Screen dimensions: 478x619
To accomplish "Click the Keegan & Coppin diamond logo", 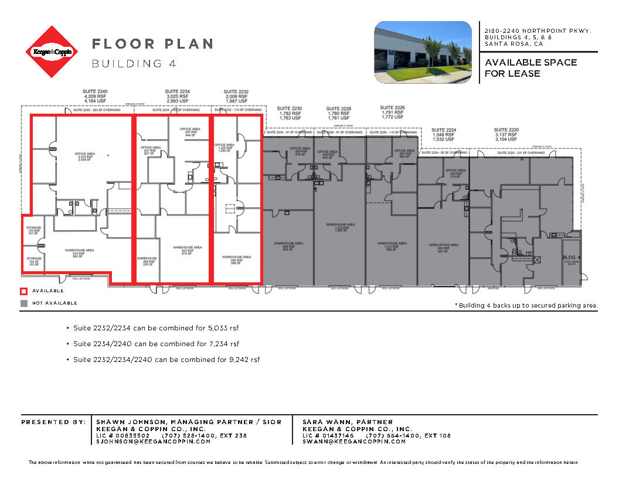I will point(51,52).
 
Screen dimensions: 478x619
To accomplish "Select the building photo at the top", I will point(423,52).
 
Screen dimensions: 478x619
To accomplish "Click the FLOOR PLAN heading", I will point(152,44).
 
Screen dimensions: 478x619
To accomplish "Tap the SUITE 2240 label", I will point(95,91).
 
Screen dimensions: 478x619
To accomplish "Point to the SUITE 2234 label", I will point(177,91).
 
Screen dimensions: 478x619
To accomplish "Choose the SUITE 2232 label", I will point(236,91).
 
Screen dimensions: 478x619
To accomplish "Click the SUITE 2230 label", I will point(289,108).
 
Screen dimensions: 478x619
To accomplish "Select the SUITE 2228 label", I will point(339,108).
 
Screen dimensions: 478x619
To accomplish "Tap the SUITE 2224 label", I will point(443,129).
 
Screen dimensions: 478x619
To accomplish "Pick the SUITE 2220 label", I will point(506,129).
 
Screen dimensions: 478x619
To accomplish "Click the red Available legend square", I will point(24,291).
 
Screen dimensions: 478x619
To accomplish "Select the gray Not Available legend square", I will point(24,303).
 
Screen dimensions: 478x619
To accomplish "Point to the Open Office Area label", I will point(443,245).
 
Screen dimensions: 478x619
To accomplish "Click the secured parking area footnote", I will point(526,305).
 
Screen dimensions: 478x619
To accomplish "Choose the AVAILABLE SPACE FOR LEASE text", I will point(530,67).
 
